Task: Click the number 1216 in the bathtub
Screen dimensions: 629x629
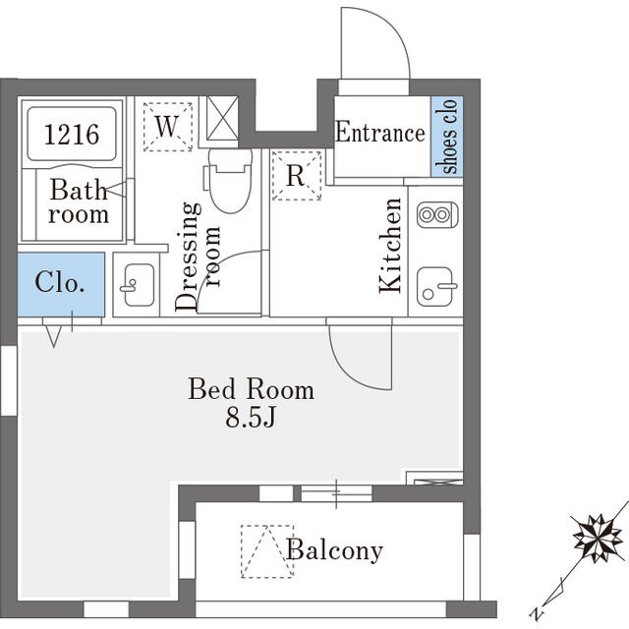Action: pos(72,134)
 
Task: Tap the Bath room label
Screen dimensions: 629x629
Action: pos(79,201)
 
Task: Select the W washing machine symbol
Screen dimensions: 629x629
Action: pos(168,126)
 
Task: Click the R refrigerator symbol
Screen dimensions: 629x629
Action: pos(295,176)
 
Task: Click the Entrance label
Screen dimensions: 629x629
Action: pos(380,133)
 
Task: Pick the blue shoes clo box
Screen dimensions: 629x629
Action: pos(448,137)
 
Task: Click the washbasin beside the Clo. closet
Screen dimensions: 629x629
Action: pos(135,286)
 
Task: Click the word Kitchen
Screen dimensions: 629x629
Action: pos(391,245)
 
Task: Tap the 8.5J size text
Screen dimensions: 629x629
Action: pos(252,418)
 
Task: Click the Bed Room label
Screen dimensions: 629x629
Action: pos(252,389)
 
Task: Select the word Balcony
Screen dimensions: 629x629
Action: pos(334,550)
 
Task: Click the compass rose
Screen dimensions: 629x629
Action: pos(596,537)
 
